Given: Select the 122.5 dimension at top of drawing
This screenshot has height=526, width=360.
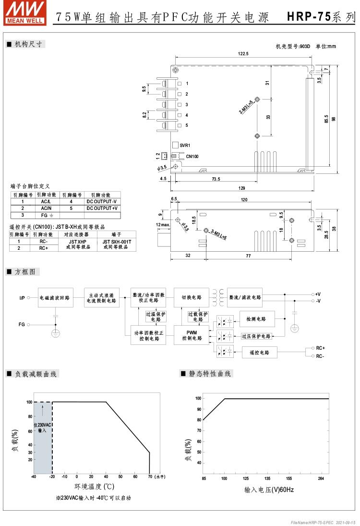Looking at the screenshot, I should click(243, 54).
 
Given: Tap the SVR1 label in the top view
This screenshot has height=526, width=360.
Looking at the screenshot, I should click(185, 145).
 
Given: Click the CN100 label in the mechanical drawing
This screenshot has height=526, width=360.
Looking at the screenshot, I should click(192, 156).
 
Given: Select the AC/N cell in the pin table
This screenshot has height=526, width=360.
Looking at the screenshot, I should click(46, 208).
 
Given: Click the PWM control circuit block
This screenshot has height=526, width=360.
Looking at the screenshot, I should click(192, 335).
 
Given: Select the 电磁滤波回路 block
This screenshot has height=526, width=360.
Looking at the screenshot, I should click(54, 297).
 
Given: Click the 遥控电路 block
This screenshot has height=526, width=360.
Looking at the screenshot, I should click(260, 353).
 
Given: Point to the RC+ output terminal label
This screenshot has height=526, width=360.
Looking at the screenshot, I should click(320, 347).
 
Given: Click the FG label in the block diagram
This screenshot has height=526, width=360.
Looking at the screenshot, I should click(22, 325).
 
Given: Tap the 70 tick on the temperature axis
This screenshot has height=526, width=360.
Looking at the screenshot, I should click(150, 477).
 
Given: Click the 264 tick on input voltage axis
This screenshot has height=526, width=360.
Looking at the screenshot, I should click(321, 478).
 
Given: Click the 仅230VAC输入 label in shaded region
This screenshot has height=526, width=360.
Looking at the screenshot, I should click(43, 428).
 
